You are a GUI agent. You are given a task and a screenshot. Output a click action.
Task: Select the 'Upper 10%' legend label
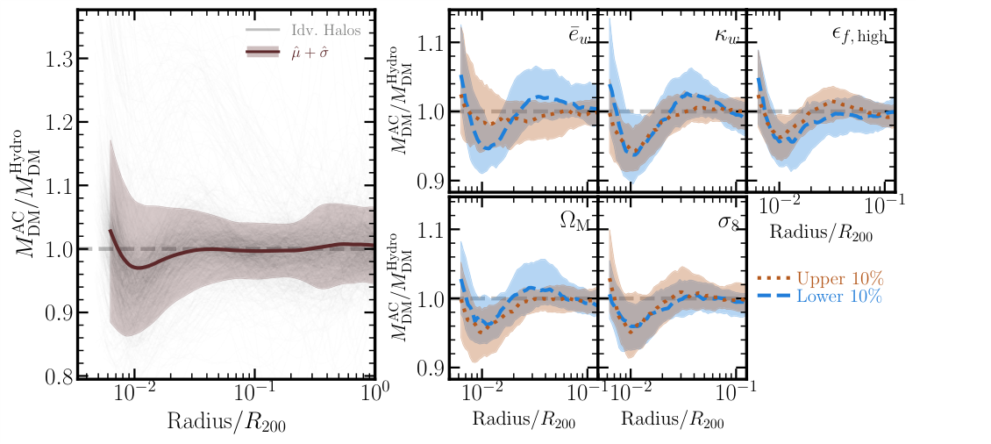[839, 278]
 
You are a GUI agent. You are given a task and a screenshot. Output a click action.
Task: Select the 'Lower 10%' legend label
[839, 297]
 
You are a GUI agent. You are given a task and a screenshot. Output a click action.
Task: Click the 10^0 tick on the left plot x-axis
[373, 393]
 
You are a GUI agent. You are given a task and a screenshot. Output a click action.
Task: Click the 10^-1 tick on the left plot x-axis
[255, 393]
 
